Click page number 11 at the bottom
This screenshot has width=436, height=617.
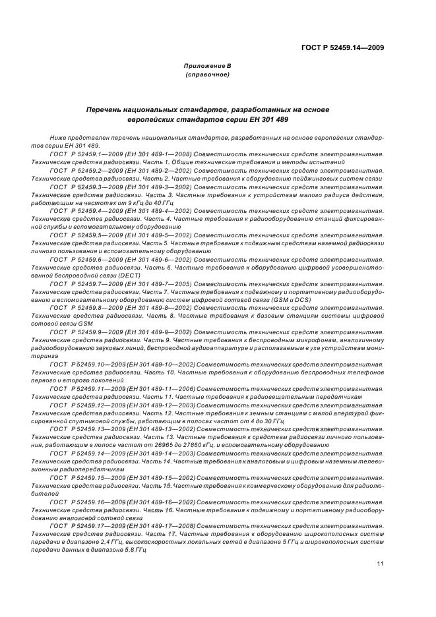(x=381, y=563)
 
